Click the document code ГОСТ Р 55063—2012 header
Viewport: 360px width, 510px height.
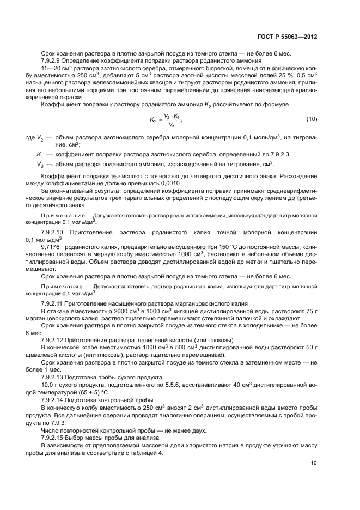286,38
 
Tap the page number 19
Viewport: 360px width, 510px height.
313,464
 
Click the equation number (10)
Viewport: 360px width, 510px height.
312,119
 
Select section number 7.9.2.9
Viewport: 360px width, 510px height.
53,60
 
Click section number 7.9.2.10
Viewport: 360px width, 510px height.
55,233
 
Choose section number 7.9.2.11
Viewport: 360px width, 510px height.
54,303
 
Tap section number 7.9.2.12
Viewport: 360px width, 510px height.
54,340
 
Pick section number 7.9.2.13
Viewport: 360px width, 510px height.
54,377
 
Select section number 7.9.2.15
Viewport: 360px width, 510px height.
54,437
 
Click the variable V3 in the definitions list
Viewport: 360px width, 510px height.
40,165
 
